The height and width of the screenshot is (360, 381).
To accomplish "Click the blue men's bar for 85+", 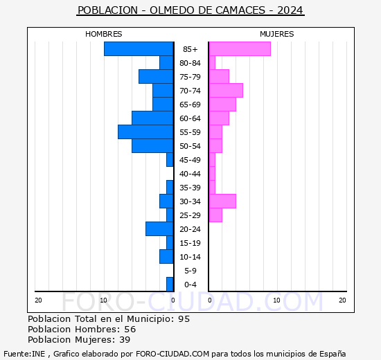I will (x=139, y=49).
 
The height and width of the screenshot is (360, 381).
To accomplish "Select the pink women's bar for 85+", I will (x=240, y=49).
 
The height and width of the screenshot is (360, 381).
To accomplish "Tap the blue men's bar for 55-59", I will (x=145, y=132).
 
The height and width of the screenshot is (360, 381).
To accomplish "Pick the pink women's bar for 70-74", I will (x=226, y=91).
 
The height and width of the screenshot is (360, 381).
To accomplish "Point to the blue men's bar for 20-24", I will (x=159, y=229).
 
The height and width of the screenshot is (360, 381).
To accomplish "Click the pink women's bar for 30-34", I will (x=222, y=201).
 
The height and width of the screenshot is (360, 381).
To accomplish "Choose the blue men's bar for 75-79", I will (x=156, y=77).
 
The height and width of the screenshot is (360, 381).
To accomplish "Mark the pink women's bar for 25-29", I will (x=215, y=215).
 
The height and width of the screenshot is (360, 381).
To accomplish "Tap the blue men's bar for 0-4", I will (x=170, y=285).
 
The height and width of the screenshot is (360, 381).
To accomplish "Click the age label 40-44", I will (x=190, y=174).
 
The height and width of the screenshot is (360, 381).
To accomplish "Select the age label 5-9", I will (x=190, y=271).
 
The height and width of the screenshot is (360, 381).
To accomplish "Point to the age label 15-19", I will (x=190, y=243).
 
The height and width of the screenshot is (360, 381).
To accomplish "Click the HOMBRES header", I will (x=104, y=34).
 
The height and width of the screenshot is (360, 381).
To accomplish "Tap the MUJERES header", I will (x=276, y=34).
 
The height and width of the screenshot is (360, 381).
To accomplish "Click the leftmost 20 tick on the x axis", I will (x=38, y=300).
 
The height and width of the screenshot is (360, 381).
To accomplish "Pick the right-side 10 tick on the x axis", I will (x=276, y=300).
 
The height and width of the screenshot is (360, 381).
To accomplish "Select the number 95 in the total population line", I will (x=183, y=319).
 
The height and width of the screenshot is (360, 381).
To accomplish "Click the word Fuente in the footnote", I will (x=16, y=353).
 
